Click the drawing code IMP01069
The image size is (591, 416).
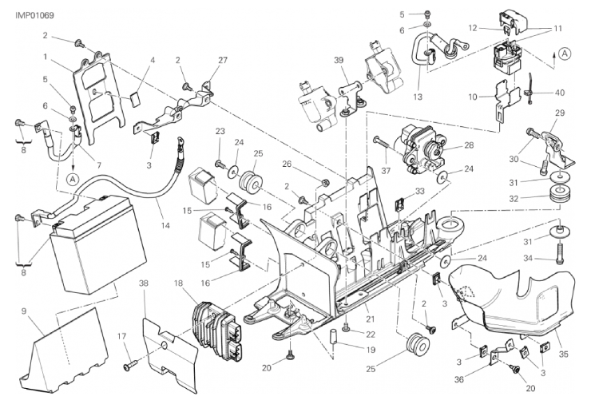34,15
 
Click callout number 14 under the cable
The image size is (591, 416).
165,225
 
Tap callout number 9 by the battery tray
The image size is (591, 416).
24,311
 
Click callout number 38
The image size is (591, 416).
145,283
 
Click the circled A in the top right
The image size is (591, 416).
564,53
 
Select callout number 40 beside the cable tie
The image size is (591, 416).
560,93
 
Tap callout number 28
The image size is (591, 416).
469,145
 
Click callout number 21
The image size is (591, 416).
371,319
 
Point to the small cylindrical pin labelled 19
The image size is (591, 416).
334,335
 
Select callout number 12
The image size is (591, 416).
473,28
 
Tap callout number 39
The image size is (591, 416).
339,60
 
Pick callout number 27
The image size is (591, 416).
223,61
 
